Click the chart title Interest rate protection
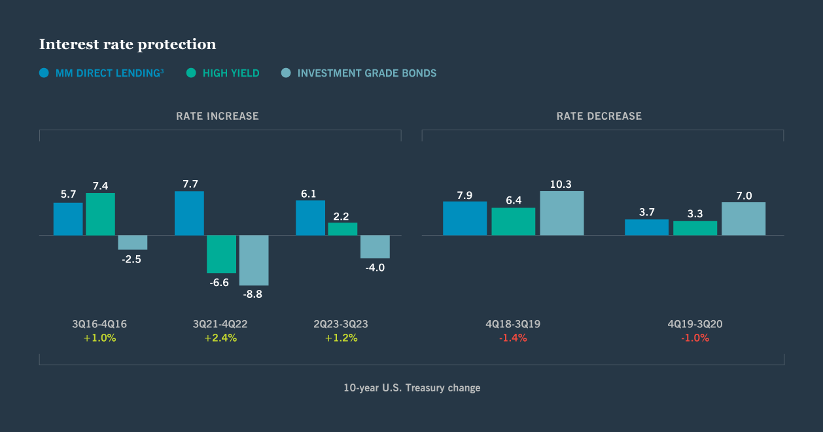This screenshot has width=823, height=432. [x=128, y=45]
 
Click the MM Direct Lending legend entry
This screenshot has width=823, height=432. [x=101, y=73]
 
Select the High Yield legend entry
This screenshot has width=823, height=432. [x=223, y=73]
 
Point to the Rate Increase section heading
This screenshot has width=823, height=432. [x=217, y=116]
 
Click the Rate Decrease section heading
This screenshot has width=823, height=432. [x=599, y=116]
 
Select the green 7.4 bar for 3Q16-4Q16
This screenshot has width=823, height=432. [x=100, y=214]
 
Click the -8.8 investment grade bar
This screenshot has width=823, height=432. [x=254, y=260]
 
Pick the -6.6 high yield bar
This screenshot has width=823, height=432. [x=221, y=254]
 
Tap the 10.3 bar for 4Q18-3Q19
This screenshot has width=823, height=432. [x=561, y=213]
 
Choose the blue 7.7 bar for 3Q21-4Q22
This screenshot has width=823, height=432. [x=189, y=213]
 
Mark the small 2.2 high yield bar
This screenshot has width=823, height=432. [x=342, y=229]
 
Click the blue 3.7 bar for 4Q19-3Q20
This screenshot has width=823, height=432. [x=646, y=227]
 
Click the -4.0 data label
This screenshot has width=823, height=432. [x=375, y=267]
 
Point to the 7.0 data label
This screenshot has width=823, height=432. [x=744, y=196]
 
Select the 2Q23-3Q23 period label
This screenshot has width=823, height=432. [x=341, y=324]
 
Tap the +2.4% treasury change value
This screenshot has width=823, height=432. [x=220, y=338]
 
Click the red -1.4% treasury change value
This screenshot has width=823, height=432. [x=513, y=338]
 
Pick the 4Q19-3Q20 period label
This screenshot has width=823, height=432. [x=695, y=324]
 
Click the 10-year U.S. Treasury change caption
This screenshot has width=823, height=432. [x=411, y=387]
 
